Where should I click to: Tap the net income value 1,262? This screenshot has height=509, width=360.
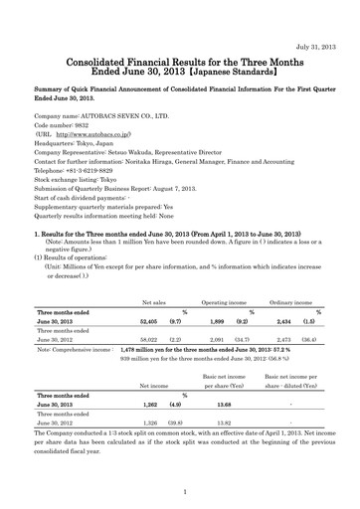[155, 406]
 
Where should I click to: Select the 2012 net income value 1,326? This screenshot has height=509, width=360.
[155, 423]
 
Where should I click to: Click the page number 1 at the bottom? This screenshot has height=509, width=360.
[180, 491]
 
